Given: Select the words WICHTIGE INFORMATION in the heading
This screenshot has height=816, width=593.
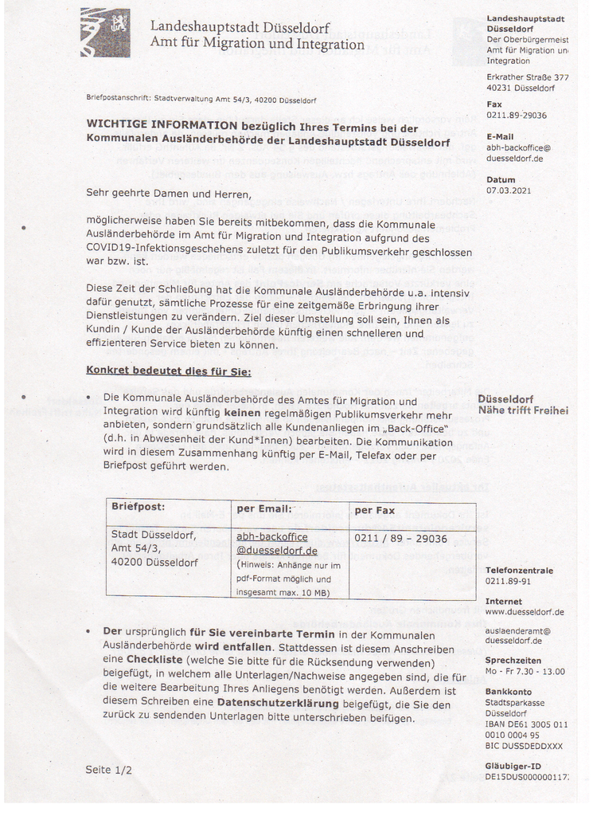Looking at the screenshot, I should [162, 127].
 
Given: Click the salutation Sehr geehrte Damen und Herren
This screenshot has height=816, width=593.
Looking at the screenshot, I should [168, 193].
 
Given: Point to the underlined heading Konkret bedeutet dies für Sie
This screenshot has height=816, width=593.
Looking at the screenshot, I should [168, 371].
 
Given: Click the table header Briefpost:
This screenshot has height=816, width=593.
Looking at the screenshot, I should [138, 507].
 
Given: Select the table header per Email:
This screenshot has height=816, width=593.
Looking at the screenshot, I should [265, 508].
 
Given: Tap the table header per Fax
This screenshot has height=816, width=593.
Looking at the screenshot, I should [374, 509].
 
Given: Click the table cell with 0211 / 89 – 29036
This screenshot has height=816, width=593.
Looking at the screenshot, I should [400, 539].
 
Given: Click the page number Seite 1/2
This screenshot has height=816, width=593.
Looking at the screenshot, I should [108, 770].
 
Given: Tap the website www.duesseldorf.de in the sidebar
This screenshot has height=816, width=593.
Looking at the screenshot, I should [525, 612].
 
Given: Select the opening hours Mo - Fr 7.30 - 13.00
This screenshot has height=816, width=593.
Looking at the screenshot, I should [525, 671].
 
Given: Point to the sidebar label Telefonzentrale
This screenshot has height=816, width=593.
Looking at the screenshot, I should [519, 571].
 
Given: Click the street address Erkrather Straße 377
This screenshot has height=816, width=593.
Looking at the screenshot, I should [527, 77].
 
